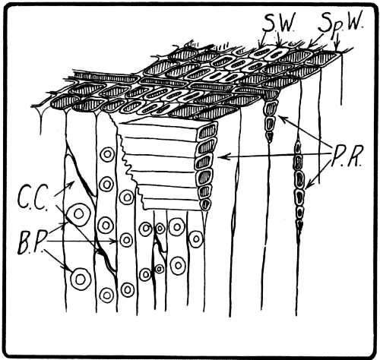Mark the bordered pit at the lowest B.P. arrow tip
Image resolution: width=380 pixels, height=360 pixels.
coord(80,279)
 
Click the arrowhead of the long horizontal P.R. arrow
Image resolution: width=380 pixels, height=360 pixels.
coord(220,156)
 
